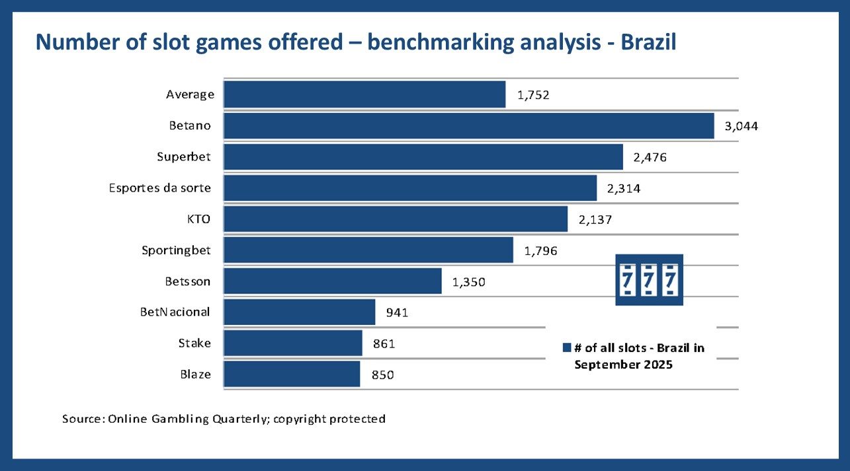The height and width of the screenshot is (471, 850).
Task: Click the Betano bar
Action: pos(469,126)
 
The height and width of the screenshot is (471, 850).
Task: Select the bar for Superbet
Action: pos(423,157)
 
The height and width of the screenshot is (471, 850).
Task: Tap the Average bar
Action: pos(364,94)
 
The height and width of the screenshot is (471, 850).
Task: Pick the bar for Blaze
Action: pos(292,374)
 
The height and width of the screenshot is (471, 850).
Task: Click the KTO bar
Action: pos(396,219)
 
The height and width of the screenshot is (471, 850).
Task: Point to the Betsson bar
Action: pos(333,281)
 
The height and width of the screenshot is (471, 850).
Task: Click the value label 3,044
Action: pos(741,126)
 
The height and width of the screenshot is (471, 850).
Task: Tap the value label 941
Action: pos(397,312)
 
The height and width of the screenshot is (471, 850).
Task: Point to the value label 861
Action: pos(384,344)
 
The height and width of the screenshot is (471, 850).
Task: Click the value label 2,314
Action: pos(623,188)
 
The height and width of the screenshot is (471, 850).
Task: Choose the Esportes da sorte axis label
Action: pos(160,188)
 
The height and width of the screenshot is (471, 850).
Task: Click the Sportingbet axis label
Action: pos(176,250)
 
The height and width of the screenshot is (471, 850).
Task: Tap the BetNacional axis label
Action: pos(175,312)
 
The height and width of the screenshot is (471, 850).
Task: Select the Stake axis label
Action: pos(194,343)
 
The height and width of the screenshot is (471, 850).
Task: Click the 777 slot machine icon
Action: pos(648,280)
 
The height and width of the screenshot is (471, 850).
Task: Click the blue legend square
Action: pos(566,348)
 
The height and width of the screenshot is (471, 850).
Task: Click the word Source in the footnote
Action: pos(82,419)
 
